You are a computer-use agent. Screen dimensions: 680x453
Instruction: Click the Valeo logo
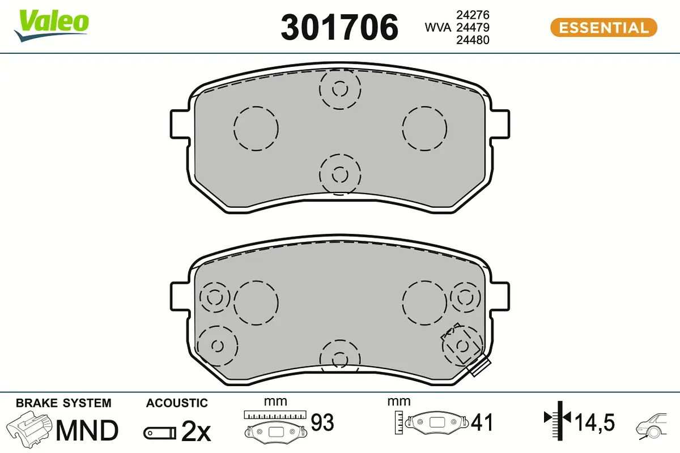click(x=52, y=25)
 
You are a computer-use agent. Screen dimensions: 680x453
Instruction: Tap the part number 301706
click(x=339, y=27)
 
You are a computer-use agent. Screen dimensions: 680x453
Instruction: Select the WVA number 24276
click(x=473, y=15)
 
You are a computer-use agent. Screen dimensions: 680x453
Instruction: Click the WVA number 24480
click(x=473, y=40)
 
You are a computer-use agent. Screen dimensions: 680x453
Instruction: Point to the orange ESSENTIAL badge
click(x=603, y=28)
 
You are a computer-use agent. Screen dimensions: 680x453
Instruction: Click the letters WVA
click(x=437, y=28)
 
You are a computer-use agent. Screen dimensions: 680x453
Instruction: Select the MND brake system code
click(x=87, y=430)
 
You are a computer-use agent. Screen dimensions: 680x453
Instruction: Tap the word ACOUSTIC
click(x=177, y=403)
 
